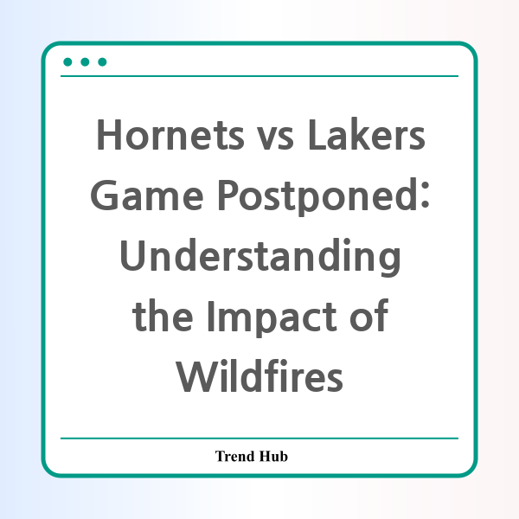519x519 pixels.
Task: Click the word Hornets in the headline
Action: coord(170,135)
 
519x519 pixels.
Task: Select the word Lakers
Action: coord(367,134)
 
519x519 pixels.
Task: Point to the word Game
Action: coord(147,195)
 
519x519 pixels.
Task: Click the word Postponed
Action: coord(317,196)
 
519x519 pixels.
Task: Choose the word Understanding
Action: coord(260,257)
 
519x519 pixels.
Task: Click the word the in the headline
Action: coord(163,315)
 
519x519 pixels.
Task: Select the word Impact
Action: coord(272,317)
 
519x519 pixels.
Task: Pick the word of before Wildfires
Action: coord(368,315)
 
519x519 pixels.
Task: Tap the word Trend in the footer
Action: coord(235,456)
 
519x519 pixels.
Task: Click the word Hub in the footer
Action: coord(273,456)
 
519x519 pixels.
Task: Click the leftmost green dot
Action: coord(67,62)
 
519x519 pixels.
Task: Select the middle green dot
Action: coord(85,62)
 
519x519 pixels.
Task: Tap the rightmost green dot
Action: coord(102,62)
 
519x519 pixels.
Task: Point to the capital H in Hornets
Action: coord(109,135)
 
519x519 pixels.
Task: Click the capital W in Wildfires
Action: coord(195,376)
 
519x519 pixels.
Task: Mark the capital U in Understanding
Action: coord(132,256)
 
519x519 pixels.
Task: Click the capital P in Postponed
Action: coord(227,195)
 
